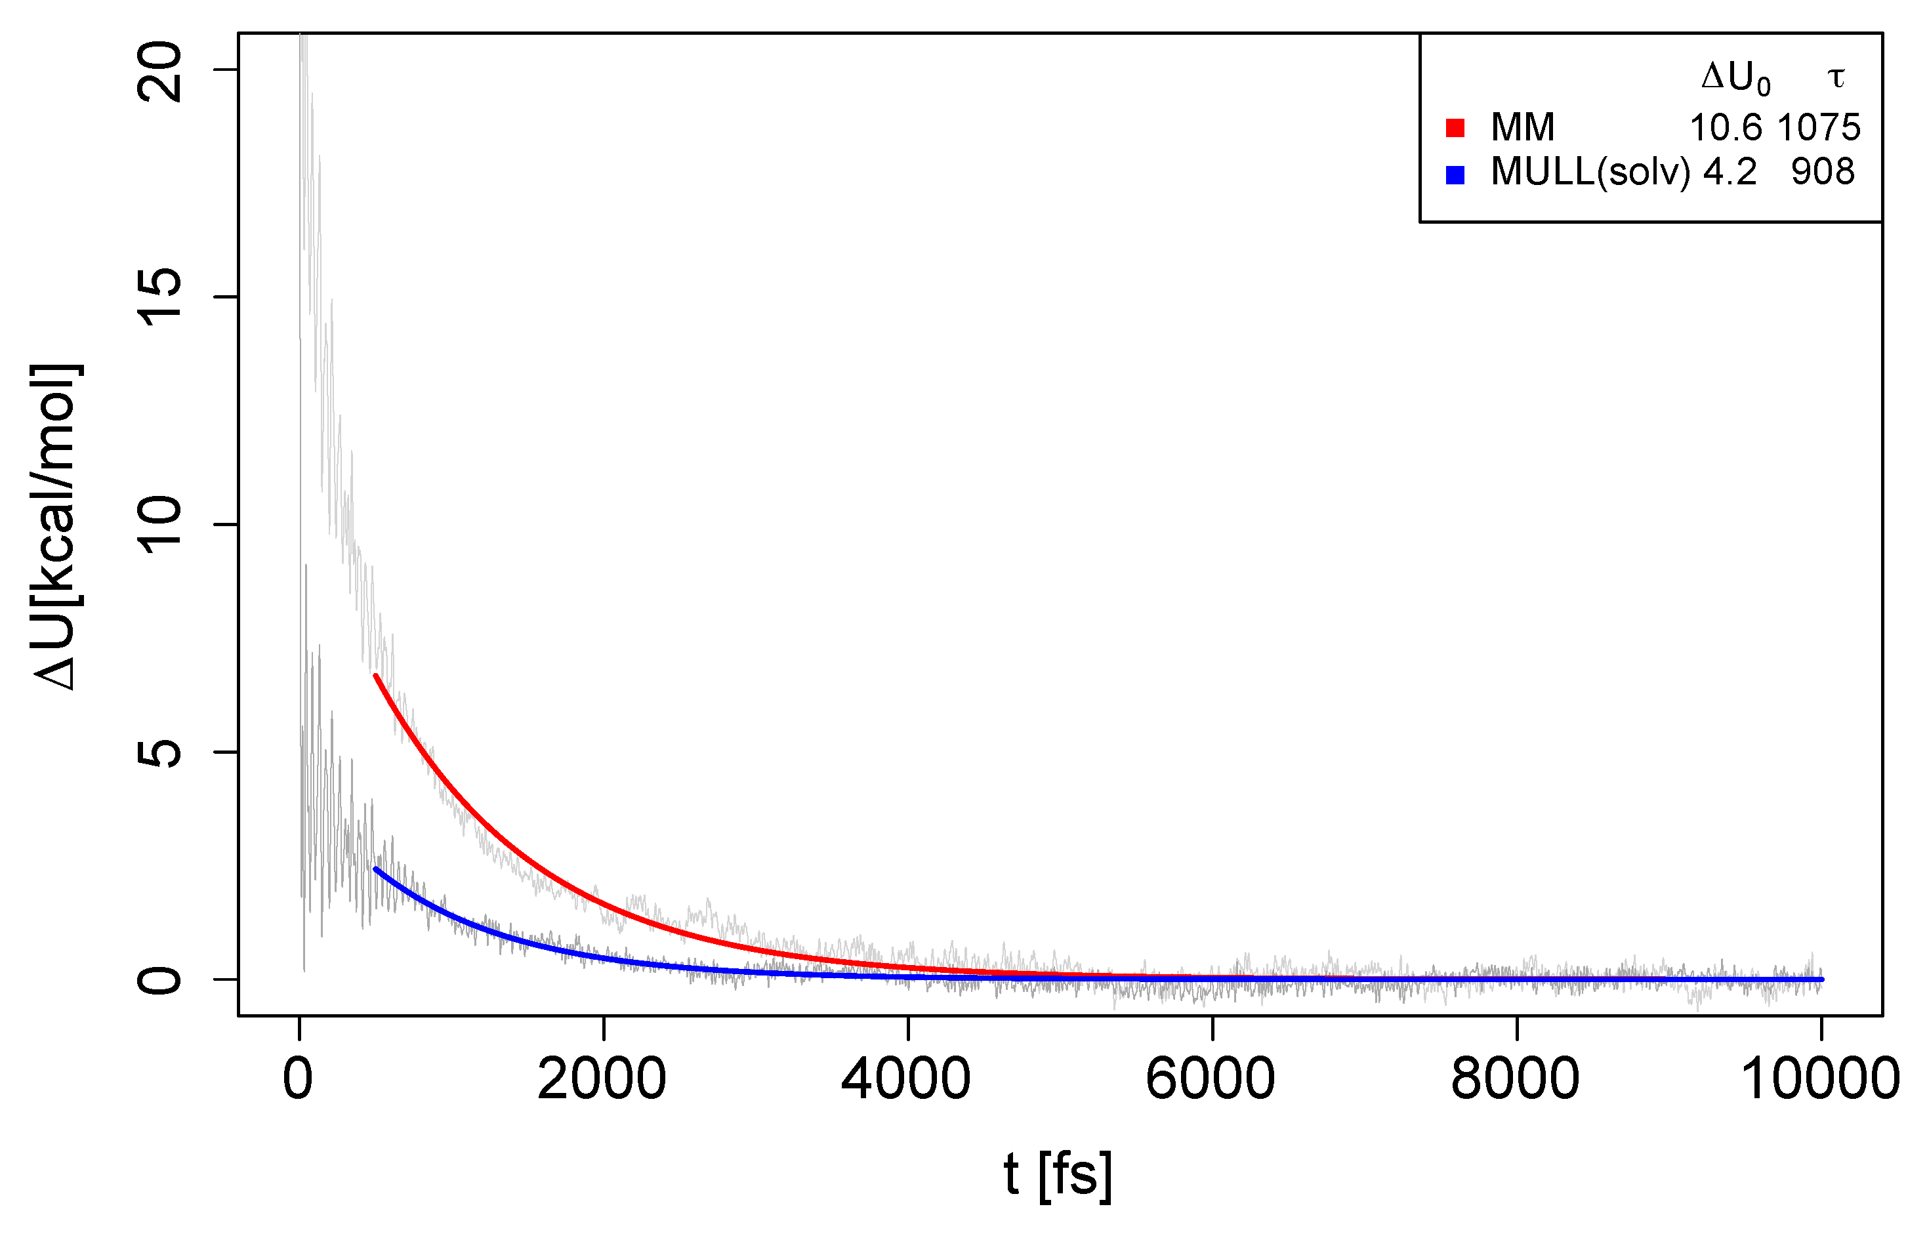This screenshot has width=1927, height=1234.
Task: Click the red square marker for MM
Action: tap(1455, 127)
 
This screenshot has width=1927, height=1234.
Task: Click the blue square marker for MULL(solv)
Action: tap(1455, 175)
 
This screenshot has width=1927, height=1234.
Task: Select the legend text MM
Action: tap(1522, 127)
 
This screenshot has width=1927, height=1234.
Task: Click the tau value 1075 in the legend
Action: tap(1819, 127)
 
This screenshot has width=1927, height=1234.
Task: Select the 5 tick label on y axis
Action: tap(160, 752)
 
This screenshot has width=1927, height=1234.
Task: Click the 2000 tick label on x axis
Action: tap(602, 1079)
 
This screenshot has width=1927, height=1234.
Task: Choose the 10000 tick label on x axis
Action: tap(1821, 1079)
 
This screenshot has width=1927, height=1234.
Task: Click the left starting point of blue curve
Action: tap(375, 869)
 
